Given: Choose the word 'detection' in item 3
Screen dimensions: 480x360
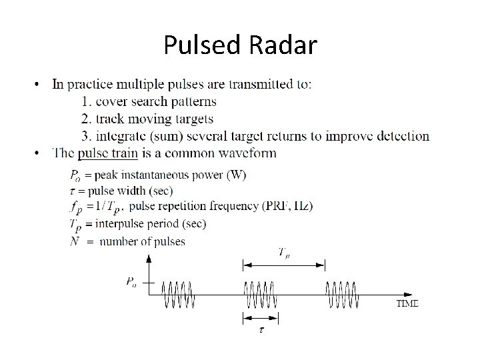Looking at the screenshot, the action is coord(400,136).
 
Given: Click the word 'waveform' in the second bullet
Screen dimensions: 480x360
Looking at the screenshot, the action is coord(249,153).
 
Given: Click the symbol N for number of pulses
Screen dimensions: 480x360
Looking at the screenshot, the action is coord(75,241).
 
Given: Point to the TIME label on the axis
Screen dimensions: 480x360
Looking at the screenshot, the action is coord(407,304).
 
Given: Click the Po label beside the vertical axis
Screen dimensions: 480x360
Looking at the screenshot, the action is coord(131,282).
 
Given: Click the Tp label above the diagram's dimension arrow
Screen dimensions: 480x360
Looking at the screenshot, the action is coord(284,252).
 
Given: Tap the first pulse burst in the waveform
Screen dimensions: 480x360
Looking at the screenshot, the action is coord(180,294).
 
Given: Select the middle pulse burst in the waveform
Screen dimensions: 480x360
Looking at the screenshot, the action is coord(260,294).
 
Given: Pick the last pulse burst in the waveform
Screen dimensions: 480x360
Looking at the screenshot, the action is coord(341,294).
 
